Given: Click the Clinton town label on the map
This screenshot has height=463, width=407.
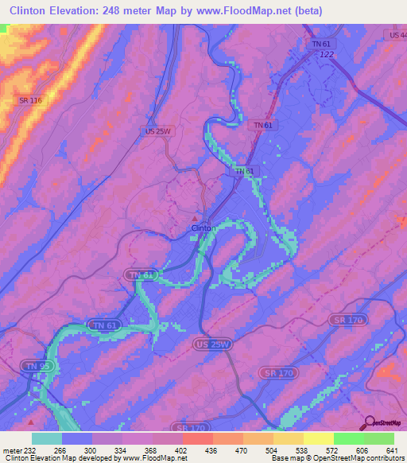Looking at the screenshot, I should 201,228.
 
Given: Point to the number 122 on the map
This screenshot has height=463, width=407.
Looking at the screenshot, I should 326,54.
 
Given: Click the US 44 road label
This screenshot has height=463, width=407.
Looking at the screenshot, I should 397,36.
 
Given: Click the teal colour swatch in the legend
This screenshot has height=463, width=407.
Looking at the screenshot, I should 47,438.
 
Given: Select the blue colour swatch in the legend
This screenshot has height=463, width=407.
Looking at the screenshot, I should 77,438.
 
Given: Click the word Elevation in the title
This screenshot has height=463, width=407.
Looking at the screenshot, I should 79,10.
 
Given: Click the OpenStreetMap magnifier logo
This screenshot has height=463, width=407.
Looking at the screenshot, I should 370,422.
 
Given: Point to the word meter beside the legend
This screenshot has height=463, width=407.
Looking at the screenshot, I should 10,450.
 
